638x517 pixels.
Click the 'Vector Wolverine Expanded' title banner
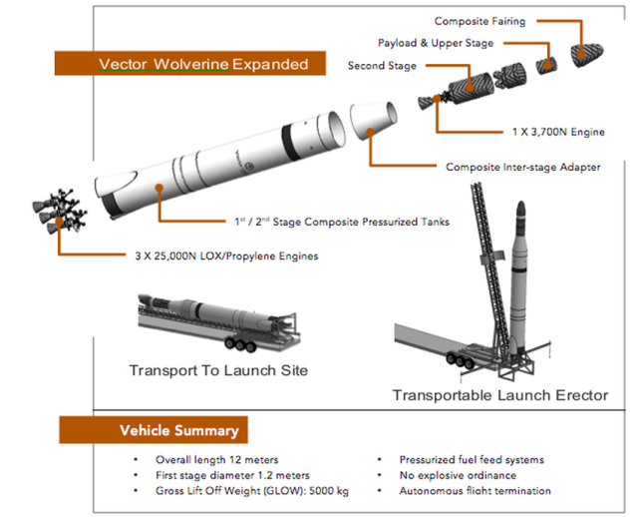190,63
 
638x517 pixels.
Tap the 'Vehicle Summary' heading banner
154,430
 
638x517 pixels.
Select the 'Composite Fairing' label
479,21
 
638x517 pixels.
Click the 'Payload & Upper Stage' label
436,43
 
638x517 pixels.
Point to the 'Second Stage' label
382,66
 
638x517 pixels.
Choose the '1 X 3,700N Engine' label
558,132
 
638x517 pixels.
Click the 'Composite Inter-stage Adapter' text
522,167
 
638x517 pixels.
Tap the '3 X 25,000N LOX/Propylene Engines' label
226,256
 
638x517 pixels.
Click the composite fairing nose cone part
587,54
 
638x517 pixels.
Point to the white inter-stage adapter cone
374,120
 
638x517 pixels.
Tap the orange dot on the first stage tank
159,188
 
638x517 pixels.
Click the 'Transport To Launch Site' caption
218,370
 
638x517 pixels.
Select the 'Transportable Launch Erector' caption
500,395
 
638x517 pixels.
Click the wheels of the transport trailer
240,344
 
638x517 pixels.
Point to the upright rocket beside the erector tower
519,277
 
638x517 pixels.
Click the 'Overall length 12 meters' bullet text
217,459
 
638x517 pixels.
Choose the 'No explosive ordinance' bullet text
458,475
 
